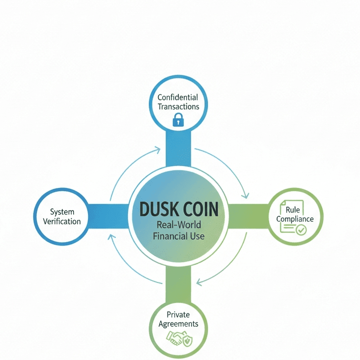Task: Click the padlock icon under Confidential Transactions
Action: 177,120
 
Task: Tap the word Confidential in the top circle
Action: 177,97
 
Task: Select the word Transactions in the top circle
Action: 177,107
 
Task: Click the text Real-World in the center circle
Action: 178,226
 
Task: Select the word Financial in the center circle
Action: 170,236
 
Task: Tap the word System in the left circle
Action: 62,212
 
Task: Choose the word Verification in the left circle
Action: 62,221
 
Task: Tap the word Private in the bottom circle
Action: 177,314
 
